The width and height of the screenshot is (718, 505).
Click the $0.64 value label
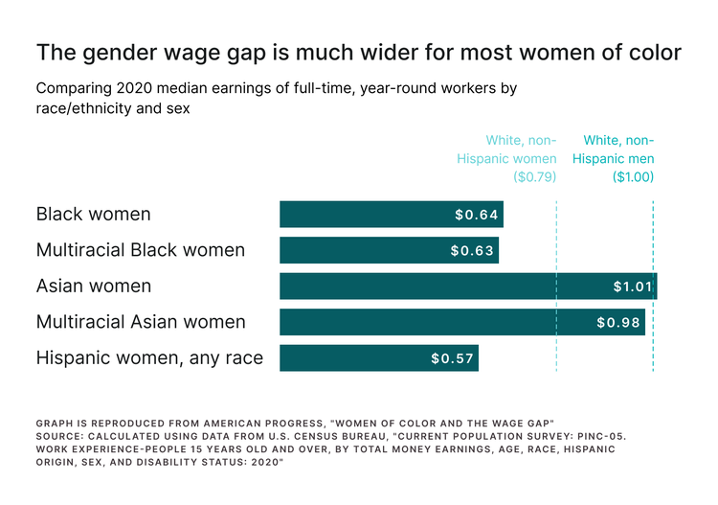(477, 215)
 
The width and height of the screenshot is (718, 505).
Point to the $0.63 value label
(472, 251)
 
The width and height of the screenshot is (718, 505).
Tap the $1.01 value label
(633, 287)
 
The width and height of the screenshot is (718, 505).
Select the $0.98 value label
(617, 323)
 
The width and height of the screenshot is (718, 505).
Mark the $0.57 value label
(452, 358)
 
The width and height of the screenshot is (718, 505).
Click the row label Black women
(93, 214)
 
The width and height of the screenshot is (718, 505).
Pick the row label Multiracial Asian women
(141, 322)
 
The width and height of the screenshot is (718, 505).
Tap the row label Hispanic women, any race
(149, 358)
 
